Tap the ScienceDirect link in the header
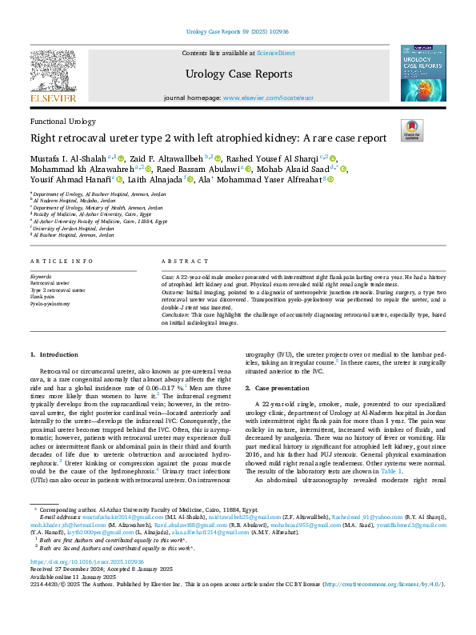tap(275, 53)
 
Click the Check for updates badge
tap(411, 130)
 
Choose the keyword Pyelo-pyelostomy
tap(50, 304)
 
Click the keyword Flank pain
tap(42, 297)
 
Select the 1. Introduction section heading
tap(54, 353)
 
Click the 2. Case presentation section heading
tap(284, 388)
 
